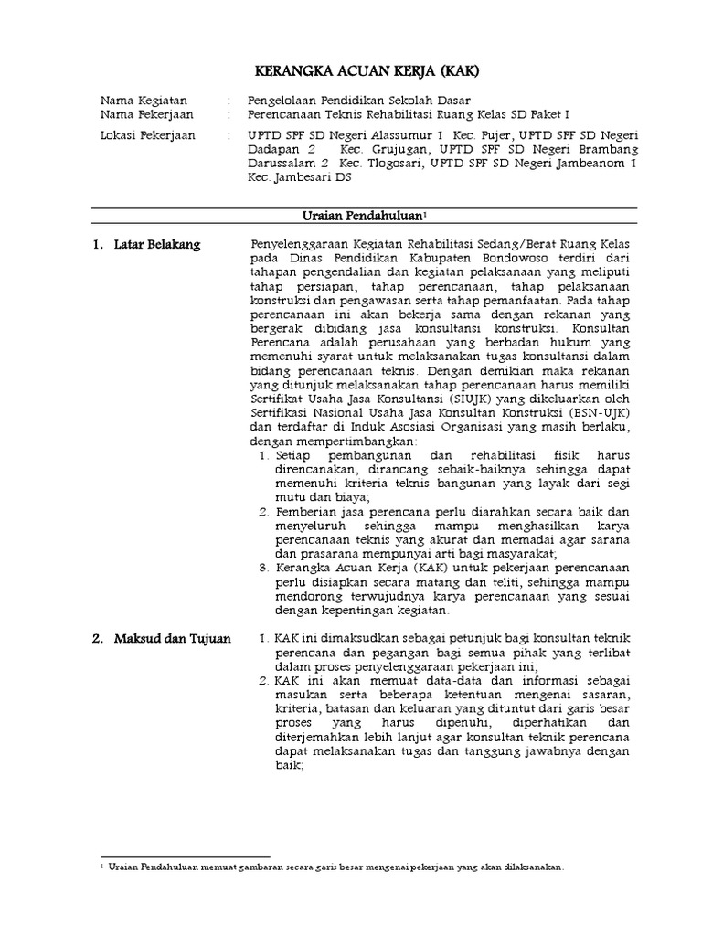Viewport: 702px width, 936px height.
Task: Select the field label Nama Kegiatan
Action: pos(144,100)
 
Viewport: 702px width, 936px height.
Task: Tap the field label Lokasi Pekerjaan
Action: pos(147,136)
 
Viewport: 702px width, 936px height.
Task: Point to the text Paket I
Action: pos(548,114)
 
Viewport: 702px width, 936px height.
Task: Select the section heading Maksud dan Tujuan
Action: pos(173,638)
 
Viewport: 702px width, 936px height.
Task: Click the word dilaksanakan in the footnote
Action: pos(531,866)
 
